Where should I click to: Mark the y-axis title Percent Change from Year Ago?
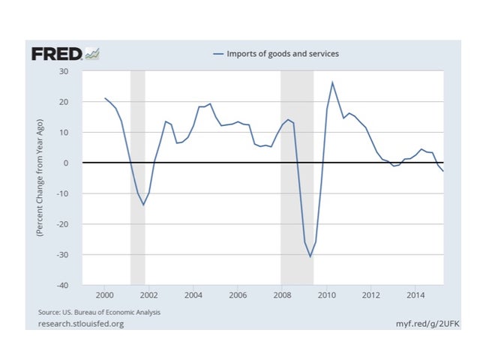[41, 178]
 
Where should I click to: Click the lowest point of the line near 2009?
[310, 256]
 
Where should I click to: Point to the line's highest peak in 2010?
[332, 82]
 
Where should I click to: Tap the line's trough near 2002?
[143, 205]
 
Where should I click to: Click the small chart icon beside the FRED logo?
[93, 53]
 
